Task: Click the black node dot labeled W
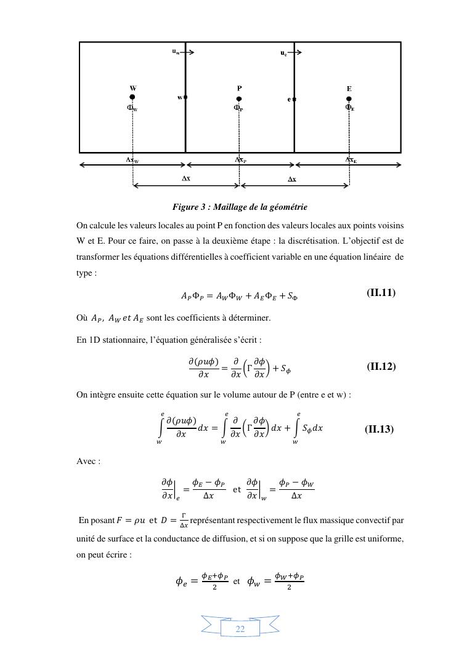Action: coord(132,97)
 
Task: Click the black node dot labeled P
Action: coord(239,98)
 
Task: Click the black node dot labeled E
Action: coord(349,98)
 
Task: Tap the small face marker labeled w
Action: coord(185,97)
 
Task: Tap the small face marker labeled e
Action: coord(294,98)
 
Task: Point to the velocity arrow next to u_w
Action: coord(188,52)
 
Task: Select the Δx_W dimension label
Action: coord(132,160)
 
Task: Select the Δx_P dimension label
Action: coord(240,160)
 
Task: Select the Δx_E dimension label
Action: coord(351,160)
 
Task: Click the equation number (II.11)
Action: coord(381,293)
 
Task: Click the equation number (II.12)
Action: coord(381,367)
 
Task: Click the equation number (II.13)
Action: coord(379,429)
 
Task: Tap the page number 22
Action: coord(240,628)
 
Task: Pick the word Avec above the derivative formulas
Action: coord(88,461)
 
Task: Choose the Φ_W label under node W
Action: coord(132,108)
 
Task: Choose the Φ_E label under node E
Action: coord(349,108)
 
